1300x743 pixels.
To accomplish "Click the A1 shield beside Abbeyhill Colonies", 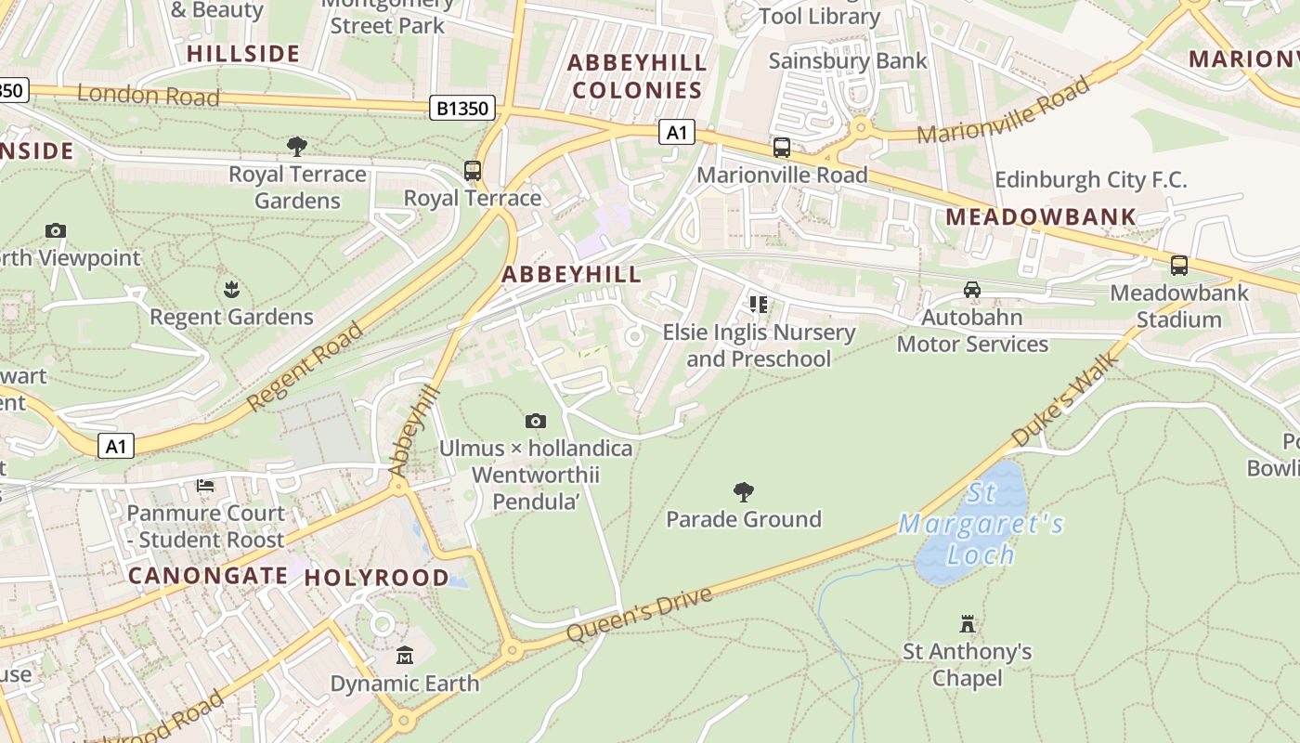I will pyautogui.click(x=677, y=133).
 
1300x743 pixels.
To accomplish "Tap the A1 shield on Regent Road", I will pyautogui.click(x=116, y=447).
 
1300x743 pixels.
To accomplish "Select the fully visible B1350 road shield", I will pyautogui.click(x=461, y=109).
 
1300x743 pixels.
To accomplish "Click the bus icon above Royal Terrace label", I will pyautogui.click(x=473, y=171).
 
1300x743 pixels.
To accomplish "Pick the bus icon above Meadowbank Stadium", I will pyautogui.click(x=1179, y=266).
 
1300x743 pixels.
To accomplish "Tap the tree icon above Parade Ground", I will pyautogui.click(x=743, y=491).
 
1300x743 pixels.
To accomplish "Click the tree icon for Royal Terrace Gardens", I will pyautogui.click(x=297, y=147).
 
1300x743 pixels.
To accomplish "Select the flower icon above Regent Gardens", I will pyautogui.click(x=231, y=290).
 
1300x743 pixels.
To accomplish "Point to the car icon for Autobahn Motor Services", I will pyautogui.click(x=972, y=290).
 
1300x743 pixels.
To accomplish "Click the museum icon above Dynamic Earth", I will pyautogui.click(x=405, y=656).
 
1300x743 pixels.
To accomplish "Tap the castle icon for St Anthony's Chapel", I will pyautogui.click(x=968, y=623).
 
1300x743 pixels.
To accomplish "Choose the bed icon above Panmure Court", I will pyautogui.click(x=205, y=486).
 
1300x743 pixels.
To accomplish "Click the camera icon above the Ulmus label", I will pyautogui.click(x=535, y=422).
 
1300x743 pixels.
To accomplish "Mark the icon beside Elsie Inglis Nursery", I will pyautogui.click(x=759, y=305).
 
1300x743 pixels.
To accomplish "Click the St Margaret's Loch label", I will pyautogui.click(x=981, y=526).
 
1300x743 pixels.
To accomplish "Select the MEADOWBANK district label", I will pyautogui.click(x=1040, y=217).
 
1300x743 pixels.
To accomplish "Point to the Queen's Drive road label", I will pyautogui.click(x=640, y=615).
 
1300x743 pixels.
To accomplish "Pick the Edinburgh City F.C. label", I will pyautogui.click(x=1090, y=179).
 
